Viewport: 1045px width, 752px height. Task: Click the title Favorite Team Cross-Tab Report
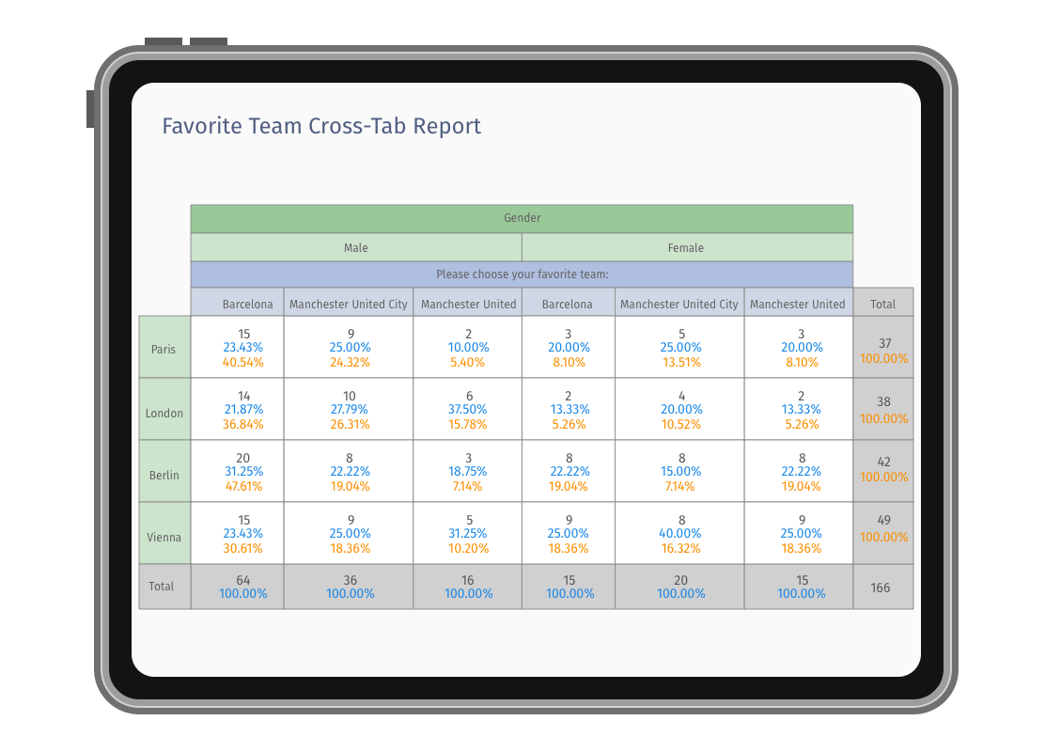pyautogui.click(x=321, y=126)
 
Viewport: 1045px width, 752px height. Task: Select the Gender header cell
pyautogui.click(x=522, y=218)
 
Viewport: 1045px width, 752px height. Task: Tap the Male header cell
pyautogui.click(x=356, y=248)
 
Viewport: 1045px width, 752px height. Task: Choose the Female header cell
pyautogui.click(x=686, y=248)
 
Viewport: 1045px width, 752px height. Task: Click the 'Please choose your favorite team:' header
pyautogui.click(x=522, y=274)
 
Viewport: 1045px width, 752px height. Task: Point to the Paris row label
pyautogui.click(x=164, y=350)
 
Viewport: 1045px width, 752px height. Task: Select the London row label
pyautogui.click(x=164, y=414)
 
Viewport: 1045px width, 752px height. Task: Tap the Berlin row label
pyautogui.click(x=164, y=476)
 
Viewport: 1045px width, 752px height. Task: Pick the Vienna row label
pyautogui.click(x=164, y=538)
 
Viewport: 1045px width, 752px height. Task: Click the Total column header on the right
pyautogui.click(x=882, y=305)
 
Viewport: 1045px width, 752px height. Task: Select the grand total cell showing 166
pyautogui.click(x=881, y=588)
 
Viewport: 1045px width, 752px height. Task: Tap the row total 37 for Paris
pyautogui.click(x=884, y=344)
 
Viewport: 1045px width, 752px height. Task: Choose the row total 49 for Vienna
pyautogui.click(x=884, y=521)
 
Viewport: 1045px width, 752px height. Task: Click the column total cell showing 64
pyautogui.click(x=243, y=580)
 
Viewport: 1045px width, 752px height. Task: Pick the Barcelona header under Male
pyautogui.click(x=248, y=305)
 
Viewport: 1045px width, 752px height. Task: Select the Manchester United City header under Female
pyautogui.click(x=679, y=305)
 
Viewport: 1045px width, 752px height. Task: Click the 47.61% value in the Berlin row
pyautogui.click(x=243, y=487)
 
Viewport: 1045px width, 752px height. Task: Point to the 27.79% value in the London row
pyautogui.click(x=349, y=410)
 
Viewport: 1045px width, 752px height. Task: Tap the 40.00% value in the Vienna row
pyautogui.click(x=681, y=534)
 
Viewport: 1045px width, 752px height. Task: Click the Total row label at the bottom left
pyautogui.click(x=162, y=587)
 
